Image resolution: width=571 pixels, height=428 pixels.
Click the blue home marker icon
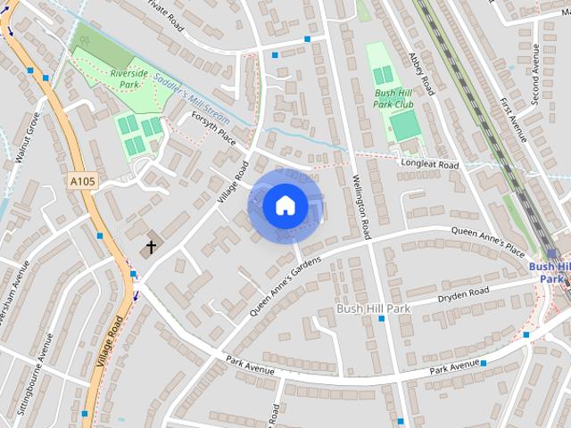[x=285, y=205]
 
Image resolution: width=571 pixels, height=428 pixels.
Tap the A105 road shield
[x=81, y=181]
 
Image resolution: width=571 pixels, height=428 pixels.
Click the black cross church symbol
[x=151, y=246]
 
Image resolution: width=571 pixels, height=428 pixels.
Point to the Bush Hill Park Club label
[x=396, y=98]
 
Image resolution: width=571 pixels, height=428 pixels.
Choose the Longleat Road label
[x=430, y=165]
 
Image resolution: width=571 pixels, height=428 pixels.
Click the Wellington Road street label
[x=361, y=206]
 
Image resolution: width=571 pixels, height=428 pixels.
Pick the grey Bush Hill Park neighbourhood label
[x=372, y=309]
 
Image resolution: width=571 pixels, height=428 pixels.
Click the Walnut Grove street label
[x=26, y=139]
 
